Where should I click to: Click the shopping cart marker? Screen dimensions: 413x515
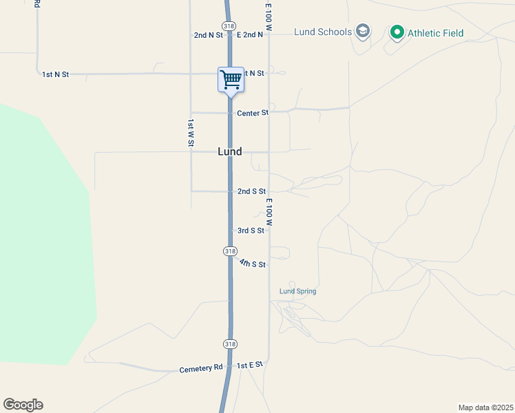[231, 79]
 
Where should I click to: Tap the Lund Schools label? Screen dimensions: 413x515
[323, 32]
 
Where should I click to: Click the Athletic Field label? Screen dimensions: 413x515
[435, 32]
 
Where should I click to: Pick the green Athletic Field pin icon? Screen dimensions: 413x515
[397, 32]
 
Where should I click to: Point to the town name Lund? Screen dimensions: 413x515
[229, 151]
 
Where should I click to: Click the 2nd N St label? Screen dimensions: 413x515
[209, 34]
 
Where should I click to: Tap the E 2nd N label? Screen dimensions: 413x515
[250, 34]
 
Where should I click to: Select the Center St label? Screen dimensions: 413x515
[252, 113]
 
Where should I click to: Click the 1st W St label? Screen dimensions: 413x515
[191, 132]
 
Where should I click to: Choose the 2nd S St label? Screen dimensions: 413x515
[251, 191]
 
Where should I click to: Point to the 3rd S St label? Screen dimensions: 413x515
[251, 231]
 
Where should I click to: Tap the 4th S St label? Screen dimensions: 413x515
[253, 264]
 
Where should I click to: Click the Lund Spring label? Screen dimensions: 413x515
[297, 291]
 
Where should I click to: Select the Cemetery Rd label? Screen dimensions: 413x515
[201, 368]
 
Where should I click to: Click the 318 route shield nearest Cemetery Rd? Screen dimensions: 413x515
[230, 343]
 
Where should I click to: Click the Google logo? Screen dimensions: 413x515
[23, 405]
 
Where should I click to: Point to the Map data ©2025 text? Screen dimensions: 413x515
[485, 407]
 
